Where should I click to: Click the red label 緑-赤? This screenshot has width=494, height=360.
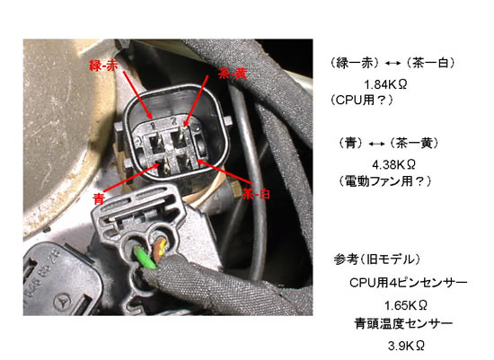103,66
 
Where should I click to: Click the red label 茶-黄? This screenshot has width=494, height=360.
233,74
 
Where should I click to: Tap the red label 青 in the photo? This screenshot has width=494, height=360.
99,198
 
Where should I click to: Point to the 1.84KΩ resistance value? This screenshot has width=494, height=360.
385,84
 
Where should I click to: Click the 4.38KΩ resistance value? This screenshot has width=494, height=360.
393,164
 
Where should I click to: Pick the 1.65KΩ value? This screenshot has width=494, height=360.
406,305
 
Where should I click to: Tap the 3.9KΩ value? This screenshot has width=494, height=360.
406,346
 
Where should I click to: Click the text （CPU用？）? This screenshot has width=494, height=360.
362,101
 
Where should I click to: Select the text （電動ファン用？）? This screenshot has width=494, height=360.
384,181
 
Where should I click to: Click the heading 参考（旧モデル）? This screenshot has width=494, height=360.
377,259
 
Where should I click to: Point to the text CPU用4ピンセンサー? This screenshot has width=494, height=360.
409,283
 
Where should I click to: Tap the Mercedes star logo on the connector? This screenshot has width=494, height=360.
62,303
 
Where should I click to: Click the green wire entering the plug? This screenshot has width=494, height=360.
145,258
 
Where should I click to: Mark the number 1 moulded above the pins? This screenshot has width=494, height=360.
153,126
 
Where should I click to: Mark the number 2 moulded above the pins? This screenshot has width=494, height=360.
173,120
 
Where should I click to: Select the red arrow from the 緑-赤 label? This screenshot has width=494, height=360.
137,95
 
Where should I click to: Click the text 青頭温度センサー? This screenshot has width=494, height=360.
403,323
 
